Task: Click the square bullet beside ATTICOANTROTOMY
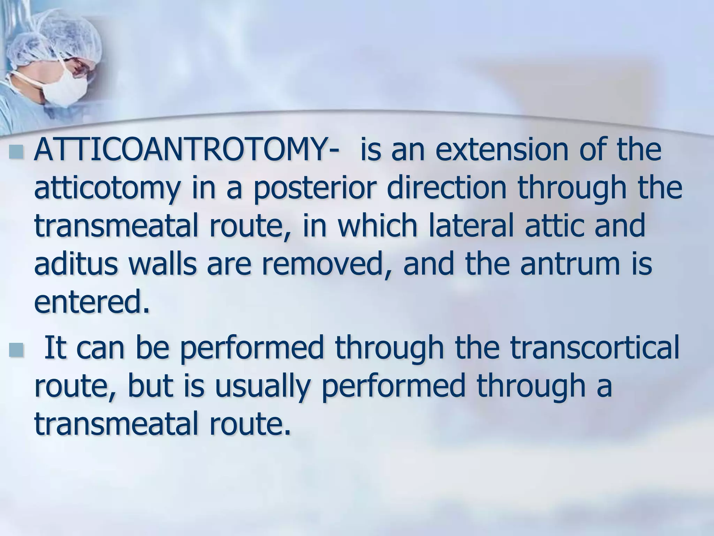click(17, 152)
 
